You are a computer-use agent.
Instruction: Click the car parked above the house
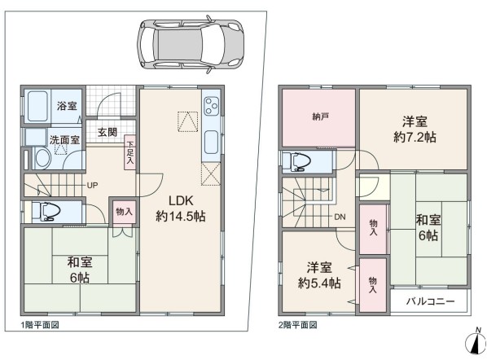[x=191, y=42]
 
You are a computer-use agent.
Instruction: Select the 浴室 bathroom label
[x=67, y=106]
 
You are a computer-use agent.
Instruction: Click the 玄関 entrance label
[x=107, y=132]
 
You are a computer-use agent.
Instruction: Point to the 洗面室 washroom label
[x=64, y=140]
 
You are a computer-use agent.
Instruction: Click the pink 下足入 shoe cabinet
[x=129, y=152]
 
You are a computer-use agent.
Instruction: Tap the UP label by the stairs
[x=92, y=186]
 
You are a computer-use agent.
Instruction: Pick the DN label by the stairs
[x=340, y=217]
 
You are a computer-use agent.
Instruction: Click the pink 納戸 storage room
[x=318, y=118]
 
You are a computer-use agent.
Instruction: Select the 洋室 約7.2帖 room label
[x=415, y=130]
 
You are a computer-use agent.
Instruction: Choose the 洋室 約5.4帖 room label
[x=319, y=275]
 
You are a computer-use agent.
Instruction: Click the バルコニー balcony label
[x=431, y=301]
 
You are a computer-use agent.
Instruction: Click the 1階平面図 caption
[x=40, y=325]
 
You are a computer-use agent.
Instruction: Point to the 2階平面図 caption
[x=298, y=325]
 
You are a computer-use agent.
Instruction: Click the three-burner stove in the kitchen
[x=212, y=106]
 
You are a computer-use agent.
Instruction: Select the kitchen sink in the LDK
[x=211, y=142]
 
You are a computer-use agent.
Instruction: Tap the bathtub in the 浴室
[x=37, y=107]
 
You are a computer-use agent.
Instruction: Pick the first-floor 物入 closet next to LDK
[x=124, y=212]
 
